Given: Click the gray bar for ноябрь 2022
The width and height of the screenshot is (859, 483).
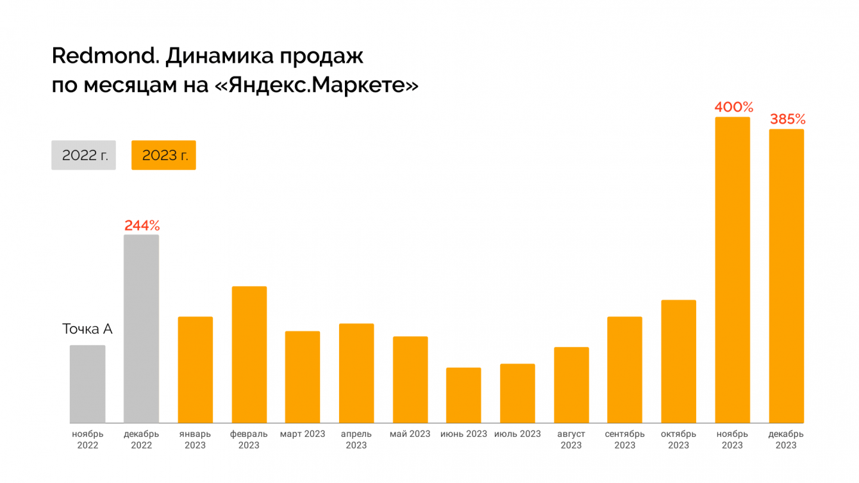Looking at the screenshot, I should [x=87, y=384].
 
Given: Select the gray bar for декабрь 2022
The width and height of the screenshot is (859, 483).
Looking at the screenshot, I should [x=141, y=329].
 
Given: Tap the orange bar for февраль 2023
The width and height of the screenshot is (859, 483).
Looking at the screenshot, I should [x=249, y=354].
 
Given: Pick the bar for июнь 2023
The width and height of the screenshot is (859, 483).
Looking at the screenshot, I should [x=463, y=395].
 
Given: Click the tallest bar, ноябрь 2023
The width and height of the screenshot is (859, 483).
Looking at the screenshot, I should [x=732, y=270].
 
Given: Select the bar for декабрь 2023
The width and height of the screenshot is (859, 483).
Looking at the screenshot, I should [x=786, y=276].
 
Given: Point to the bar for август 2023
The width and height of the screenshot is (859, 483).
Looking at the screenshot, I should [x=571, y=385].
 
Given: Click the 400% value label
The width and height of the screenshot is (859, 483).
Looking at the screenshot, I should [x=733, y=107].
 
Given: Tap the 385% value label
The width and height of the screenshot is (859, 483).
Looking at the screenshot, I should [x=787, y=119].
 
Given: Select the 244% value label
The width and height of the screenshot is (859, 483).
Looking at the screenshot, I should [x=142, y=225].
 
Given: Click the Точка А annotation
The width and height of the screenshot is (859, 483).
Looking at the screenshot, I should [x=87, y=329].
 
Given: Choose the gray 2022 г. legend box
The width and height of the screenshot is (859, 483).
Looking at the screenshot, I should [x=84, y=155].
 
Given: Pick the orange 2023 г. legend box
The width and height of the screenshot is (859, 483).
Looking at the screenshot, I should [x=163, y=155].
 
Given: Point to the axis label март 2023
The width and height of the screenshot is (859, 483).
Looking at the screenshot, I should [x=303, y=434].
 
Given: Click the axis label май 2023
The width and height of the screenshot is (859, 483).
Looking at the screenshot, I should [x=410, y=434].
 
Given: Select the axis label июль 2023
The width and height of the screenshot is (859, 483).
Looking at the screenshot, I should [x=517, y=434].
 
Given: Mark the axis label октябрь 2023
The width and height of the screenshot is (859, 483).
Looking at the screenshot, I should [x=678, y=439].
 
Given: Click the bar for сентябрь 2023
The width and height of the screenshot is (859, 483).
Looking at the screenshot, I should [x=624, y=370].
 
